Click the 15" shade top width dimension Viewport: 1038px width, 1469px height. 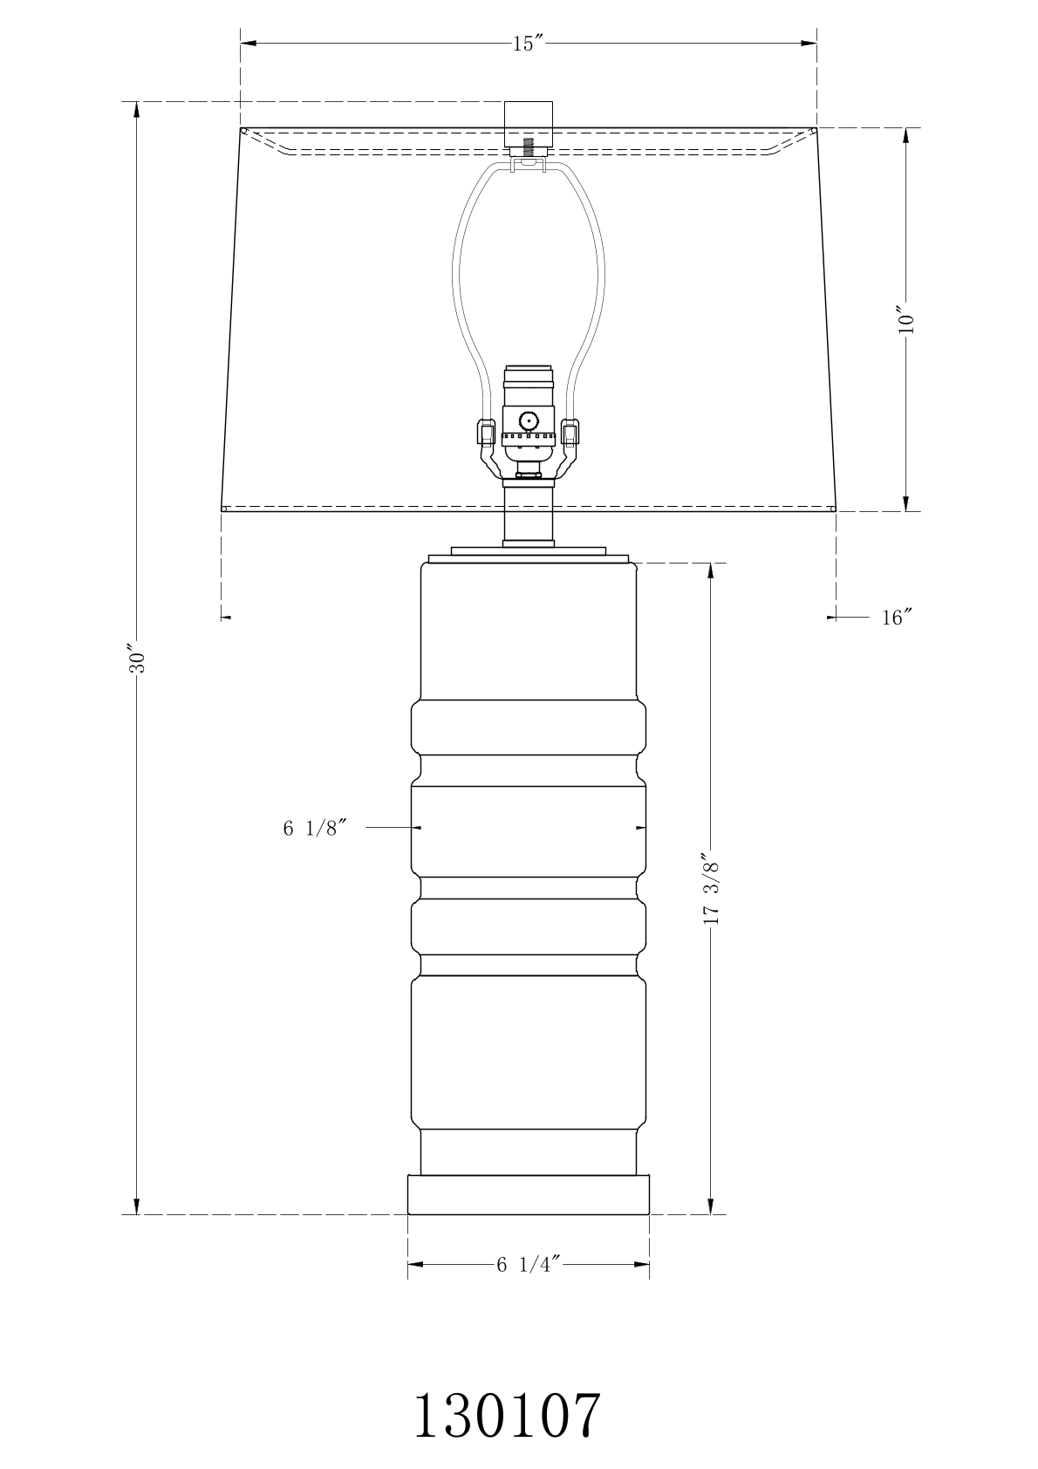pos(528,44)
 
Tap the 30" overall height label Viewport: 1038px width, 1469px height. pos(136,662)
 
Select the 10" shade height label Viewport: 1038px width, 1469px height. pos(905,319)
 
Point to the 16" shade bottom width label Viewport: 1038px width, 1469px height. pos(897,617)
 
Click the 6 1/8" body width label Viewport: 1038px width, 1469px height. pos(314,829)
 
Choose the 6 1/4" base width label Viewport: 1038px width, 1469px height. pos(529,1264)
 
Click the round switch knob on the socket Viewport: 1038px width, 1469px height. pos(528,420)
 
